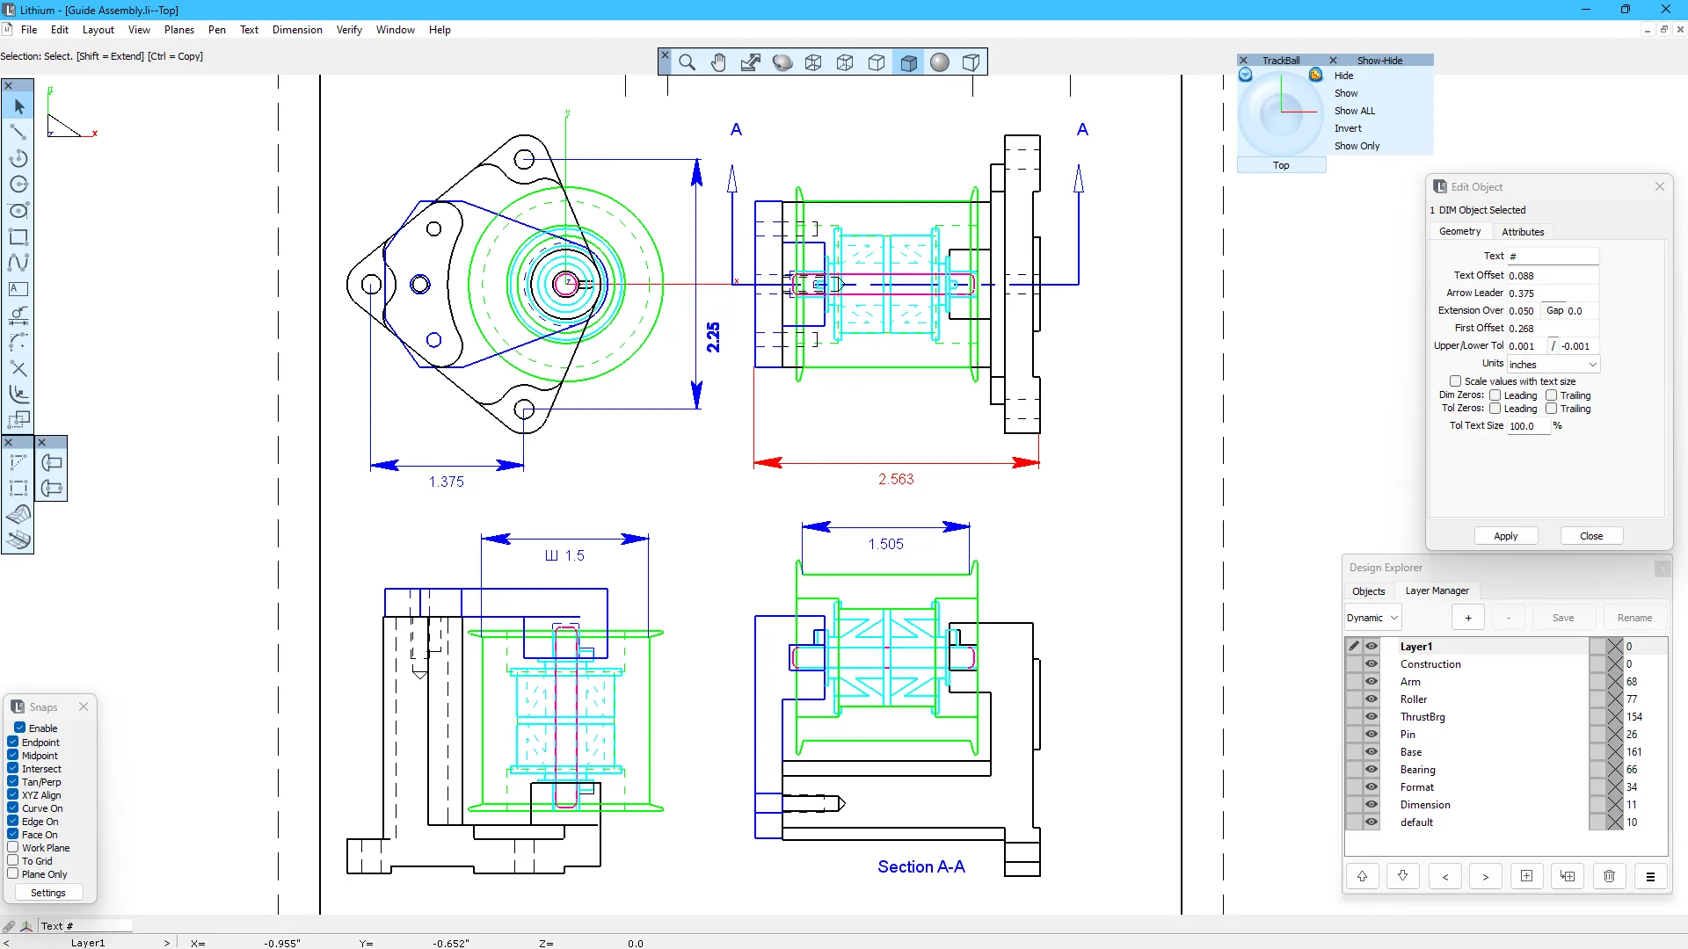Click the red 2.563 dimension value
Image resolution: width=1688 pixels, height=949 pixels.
(x=896, y=479)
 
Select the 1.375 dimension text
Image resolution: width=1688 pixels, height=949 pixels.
(x=446, y=482)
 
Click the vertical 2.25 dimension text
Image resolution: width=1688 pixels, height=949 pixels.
(x=713, y=337)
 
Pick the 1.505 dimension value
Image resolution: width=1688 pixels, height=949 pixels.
(x=885, y=544)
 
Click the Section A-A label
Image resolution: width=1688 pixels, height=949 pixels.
(x=920, y=866)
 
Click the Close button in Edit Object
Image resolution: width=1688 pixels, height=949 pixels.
(x=1590, y=536)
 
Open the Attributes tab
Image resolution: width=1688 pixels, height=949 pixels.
(x=1522, y=232)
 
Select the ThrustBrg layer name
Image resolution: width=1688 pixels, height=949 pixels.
(x=1422, y=717)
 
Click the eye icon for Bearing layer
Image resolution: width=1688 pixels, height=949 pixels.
(x=1371, y=770)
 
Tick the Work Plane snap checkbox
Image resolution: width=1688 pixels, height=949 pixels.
(x=13, y=848)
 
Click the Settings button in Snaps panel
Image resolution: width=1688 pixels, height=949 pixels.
(x=47, y=893)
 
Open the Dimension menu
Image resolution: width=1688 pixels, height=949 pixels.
(x=297, y=30)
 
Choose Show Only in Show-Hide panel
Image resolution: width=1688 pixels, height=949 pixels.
(x=1357, y=146)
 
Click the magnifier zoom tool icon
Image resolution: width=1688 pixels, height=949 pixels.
(x=688, y=62)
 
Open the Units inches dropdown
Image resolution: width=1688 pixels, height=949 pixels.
(x=1553, y=365)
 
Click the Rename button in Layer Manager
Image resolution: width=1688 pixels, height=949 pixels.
(x=1633, y=618)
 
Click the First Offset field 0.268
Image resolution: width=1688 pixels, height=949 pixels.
(x=1551, y=329)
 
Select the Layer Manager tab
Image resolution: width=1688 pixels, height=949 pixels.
(x=1437, y=590)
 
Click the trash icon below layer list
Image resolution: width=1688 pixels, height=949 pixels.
(x=1609, y=876)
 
